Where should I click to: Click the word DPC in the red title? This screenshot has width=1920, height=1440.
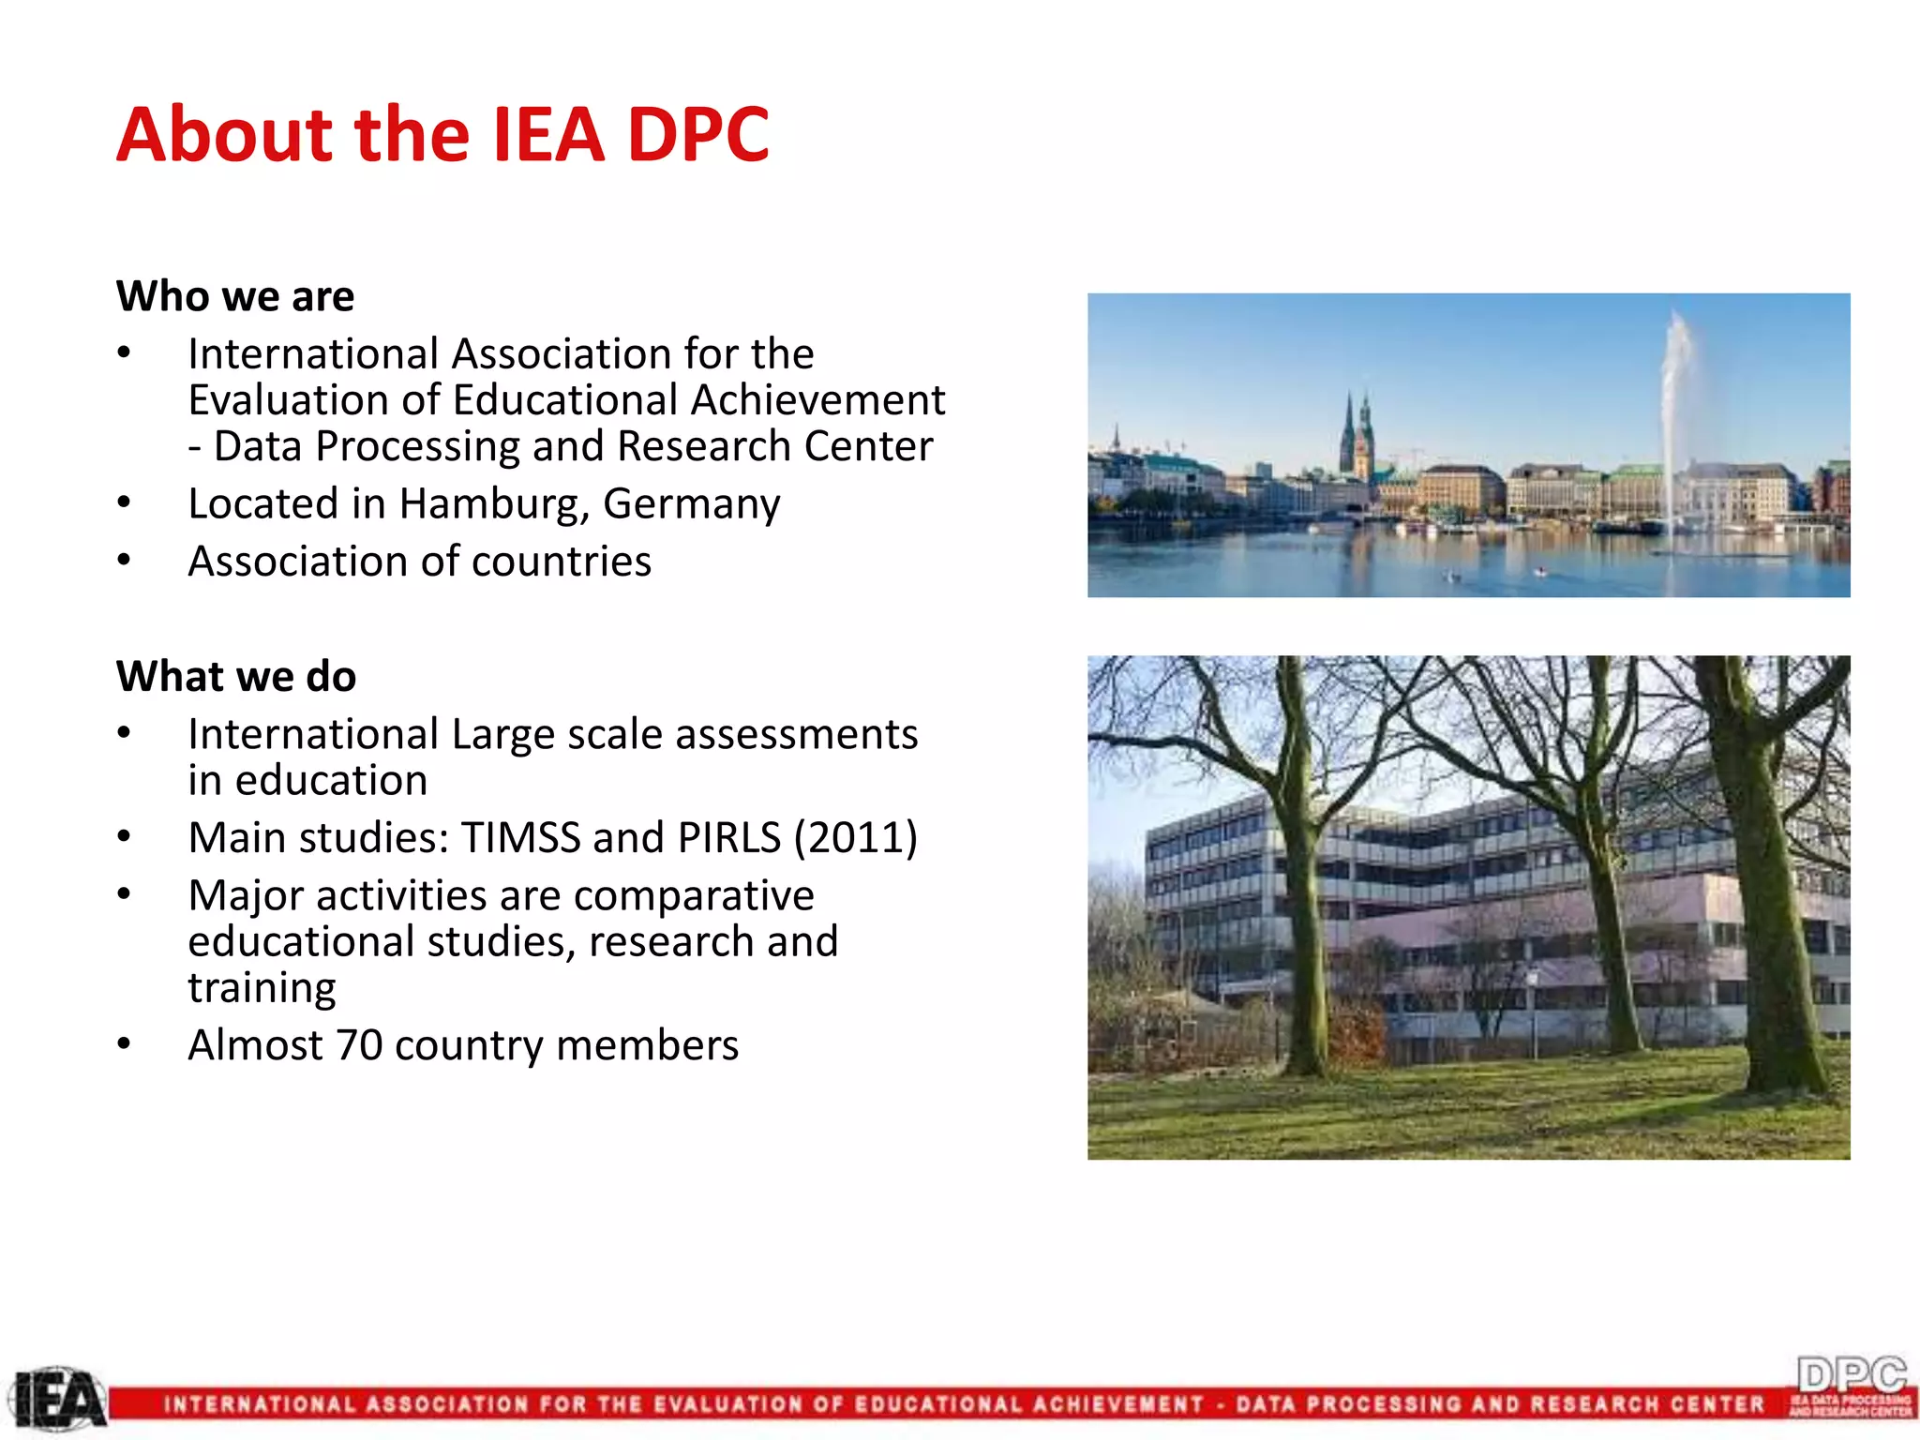coord(697,134)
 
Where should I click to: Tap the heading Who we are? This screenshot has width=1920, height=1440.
coord(235,296)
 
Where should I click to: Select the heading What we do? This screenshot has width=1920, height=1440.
coord(236,676)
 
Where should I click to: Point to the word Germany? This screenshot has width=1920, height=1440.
coord(691,503)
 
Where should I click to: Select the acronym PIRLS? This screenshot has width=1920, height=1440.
coord(728,837)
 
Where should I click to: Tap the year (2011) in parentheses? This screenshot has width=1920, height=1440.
coord(856,837)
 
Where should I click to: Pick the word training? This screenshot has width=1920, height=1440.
coord(262,987)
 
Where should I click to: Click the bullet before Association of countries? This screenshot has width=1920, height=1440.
coord(124,561)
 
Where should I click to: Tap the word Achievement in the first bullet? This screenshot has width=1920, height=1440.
coord(817,400)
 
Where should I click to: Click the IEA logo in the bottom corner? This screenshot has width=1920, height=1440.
coord(58,1401)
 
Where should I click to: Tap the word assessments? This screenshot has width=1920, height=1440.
coord(796,734)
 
